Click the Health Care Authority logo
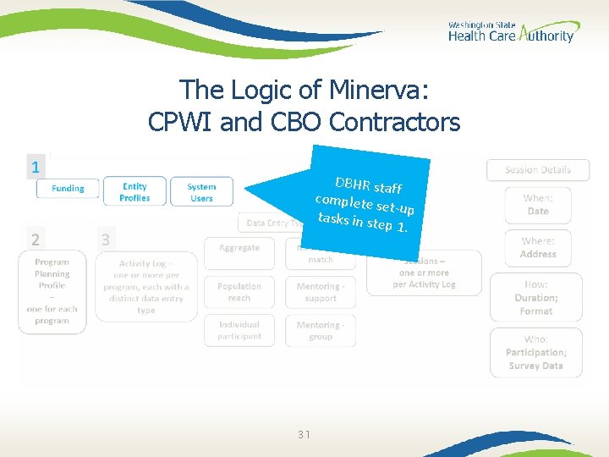click(x=511, y=32)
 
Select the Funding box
click(x=68, y=188)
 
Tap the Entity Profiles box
click(x=134, y=192)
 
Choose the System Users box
click(x=201, y=192)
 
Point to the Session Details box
click(x=538, y=169)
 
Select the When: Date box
click(x=538, y=204)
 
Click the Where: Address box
click(x=538, y=248)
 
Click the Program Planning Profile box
click(x=52, y=291)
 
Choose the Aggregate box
click(x=239, y=248)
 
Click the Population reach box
click(x=239, y=292)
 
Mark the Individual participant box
click(x=239, y=330)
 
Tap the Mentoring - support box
click(x=321, y=292)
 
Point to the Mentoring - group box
click(x=321, y=330)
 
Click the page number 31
click(x=304, y=434)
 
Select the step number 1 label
click(x=35, y=167)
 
